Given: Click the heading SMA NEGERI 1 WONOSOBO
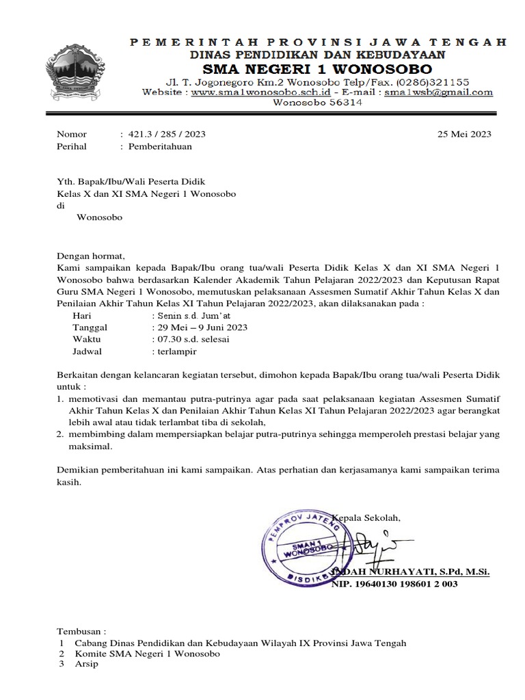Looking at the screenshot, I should tap(316, 69).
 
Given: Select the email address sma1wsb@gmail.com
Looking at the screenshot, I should tap(438, 92).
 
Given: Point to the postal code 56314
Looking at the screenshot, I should tap(338, 103).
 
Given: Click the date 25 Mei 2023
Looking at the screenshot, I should tap(464, 135).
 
